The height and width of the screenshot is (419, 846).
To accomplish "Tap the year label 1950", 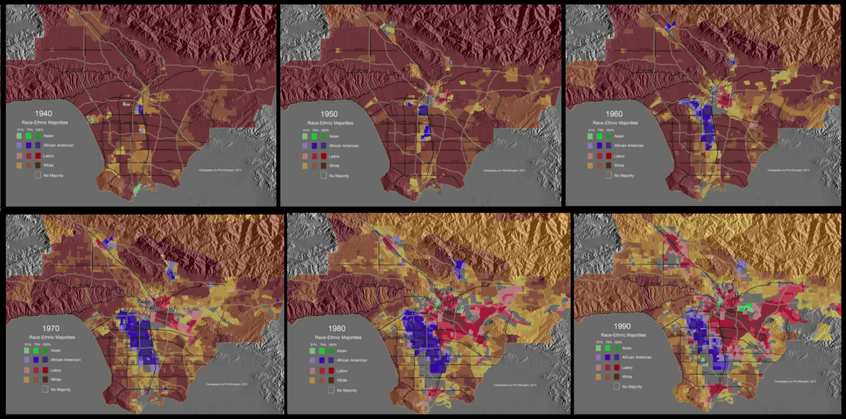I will coord(328,114).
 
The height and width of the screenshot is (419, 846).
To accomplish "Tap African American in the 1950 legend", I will coord(341,145).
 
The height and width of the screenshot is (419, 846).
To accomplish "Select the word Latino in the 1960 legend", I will coord(619,155).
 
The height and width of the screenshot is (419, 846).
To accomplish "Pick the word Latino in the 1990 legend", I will coord(629,366).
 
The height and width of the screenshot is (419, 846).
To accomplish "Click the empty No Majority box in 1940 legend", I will coord(38,175).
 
